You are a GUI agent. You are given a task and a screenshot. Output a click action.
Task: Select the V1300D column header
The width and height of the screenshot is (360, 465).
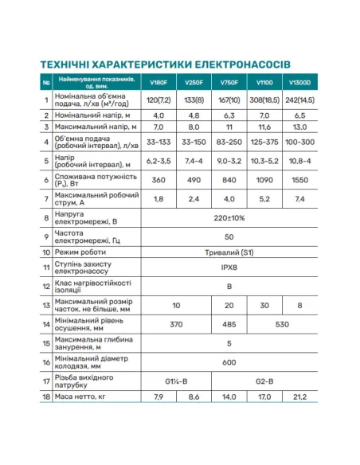[301, 82]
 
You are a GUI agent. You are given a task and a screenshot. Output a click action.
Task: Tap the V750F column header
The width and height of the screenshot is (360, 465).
[229, 82]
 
